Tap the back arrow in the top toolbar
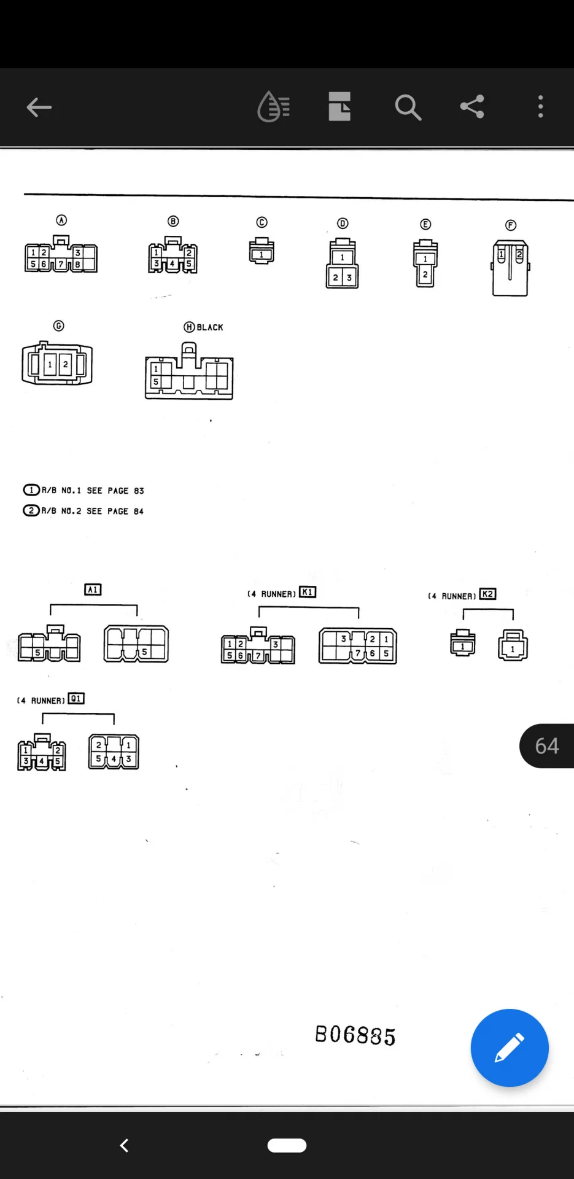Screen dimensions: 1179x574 tap(39, 107)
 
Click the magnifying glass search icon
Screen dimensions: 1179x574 tap(408, 107)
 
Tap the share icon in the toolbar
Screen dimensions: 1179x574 tap(472, 107)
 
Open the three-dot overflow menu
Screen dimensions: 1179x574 tap(540, 107)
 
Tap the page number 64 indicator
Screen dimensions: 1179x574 tap(546, 746)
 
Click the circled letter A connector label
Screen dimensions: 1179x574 tap(61, 220)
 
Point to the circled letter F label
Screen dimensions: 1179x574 tap(511, 225)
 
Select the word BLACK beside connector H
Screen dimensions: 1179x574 tap(210, 327)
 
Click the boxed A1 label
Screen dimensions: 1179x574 tap(93, 589)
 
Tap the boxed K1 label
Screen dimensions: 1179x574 tap(308, 593)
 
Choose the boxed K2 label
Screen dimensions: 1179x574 tap(487, 594)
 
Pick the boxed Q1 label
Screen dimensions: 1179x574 tap(76, 698)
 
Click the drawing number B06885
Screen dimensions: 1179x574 tap(355, 1035)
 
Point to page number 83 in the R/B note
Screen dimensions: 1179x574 tap(139, 491)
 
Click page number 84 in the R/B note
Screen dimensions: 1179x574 tap(139, 511)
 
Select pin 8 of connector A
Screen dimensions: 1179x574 tap(78, 264)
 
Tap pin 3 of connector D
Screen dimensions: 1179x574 tap(349, 278)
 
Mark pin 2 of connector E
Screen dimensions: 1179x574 tap(425, 274)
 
